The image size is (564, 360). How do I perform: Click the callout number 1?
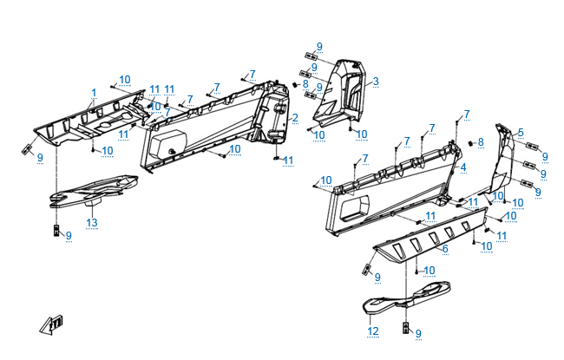94,92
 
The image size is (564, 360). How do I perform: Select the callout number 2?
295,117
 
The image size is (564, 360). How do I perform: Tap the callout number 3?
376,82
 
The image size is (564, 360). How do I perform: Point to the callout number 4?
463,167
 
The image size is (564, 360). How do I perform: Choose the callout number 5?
520,133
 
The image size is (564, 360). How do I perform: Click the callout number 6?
444,249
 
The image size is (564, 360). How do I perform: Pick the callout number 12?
373,331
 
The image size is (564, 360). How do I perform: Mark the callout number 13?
91,223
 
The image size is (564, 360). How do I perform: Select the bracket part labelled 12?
403,295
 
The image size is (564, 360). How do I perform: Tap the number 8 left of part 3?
305,84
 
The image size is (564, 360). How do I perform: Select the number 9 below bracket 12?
417,333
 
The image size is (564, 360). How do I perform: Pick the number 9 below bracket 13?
69,236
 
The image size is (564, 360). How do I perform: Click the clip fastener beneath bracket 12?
404,328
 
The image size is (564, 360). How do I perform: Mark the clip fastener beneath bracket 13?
54,231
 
